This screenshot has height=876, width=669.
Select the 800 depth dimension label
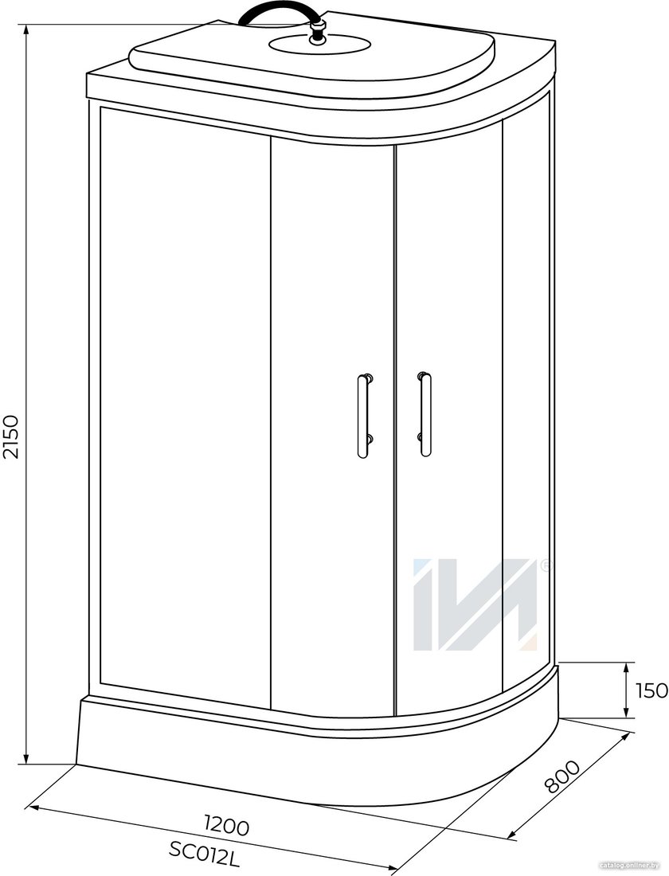(563, 776)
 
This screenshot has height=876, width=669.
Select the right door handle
(424, 414)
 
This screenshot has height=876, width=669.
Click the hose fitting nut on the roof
(319, 29)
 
